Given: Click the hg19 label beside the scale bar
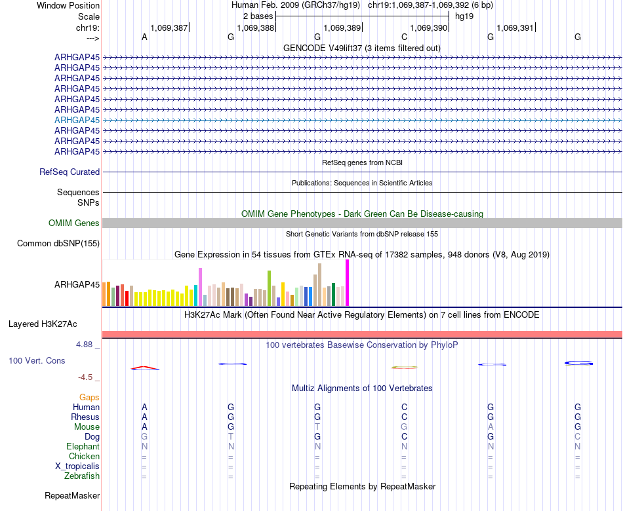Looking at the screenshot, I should [464, 16].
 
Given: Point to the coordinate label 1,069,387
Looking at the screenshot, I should [169, 28].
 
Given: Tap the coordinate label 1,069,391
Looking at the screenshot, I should [515, 28].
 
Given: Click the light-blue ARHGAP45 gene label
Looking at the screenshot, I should [77, 120].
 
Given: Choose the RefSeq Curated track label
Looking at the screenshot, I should [70, 172].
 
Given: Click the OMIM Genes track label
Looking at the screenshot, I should [74, 223].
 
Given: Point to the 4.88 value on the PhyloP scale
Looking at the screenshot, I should [87, 344].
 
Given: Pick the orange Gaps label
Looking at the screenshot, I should [89, 397].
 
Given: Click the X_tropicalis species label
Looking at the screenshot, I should [77, 466].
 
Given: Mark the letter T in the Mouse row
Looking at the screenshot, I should [317, 426].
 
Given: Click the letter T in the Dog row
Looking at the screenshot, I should [231, 436].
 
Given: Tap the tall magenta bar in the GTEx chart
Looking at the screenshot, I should [347, 283].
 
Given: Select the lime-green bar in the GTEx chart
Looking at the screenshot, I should [269, 288].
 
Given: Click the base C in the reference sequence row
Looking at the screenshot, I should [404, 37].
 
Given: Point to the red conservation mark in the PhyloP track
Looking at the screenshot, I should [145, 368].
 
